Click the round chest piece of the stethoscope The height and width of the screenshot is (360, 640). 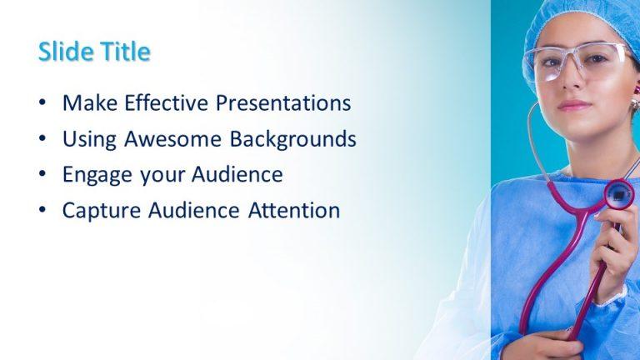[618, 194]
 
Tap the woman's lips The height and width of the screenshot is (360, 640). [573, 105]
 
